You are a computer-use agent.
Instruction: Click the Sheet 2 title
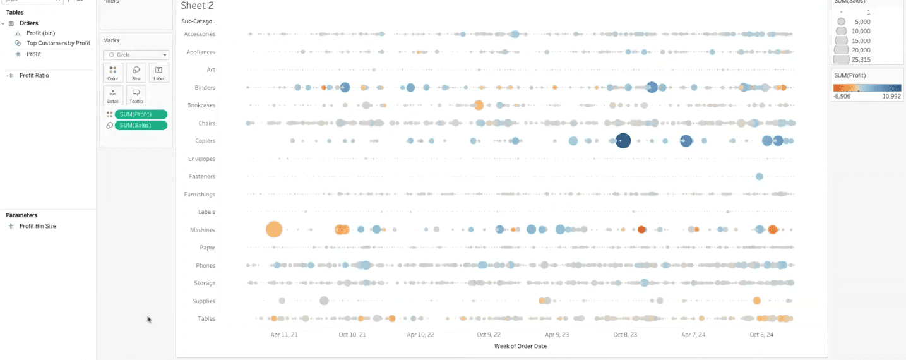click(197, 6)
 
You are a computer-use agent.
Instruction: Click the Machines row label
click(203, 230)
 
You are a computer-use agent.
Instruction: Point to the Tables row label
click(206, 319)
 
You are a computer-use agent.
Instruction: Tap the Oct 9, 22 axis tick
click(489, 335)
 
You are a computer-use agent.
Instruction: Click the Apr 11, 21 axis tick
click(284, 335)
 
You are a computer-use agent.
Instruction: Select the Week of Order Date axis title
click(520, 346)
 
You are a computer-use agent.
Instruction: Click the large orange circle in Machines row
click(273, 229)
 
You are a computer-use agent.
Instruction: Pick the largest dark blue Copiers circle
click(623, 141)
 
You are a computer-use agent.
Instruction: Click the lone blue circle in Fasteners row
click(759, 176)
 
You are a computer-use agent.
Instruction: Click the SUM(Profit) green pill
click(141, 114)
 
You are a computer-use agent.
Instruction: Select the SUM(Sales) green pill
click(141, 126)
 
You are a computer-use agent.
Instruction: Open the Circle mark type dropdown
click(136, 55)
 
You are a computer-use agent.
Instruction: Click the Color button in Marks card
click(113, 73)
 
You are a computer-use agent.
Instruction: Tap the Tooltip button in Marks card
click(136, 95)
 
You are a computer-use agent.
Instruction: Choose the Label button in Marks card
click(158, 73)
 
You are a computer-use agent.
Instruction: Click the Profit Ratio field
click(34, 76)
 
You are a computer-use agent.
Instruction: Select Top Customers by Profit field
click(58, 44)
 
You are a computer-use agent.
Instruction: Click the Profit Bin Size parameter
click(37, 226)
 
